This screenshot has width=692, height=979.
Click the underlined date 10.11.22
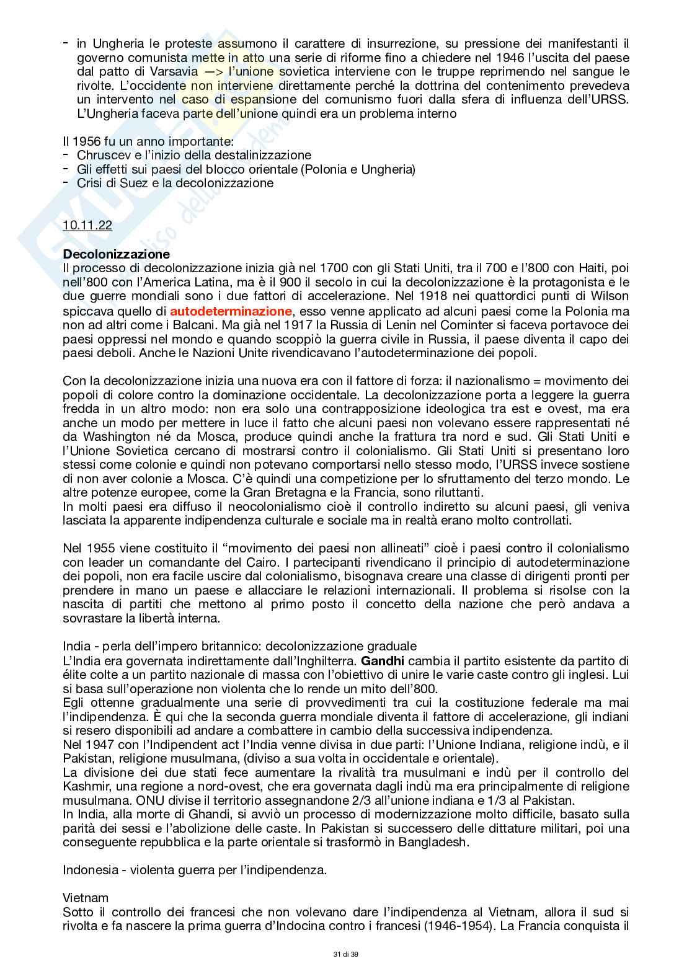pyautogui.click(x=87, y=226)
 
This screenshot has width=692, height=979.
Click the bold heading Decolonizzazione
pyautogui.click(x=116, y=254)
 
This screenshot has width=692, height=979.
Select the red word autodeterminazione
pyautogui.click(x=231, y=310)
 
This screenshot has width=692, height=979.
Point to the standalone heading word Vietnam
pyautogui.click(x=86, y=897)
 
